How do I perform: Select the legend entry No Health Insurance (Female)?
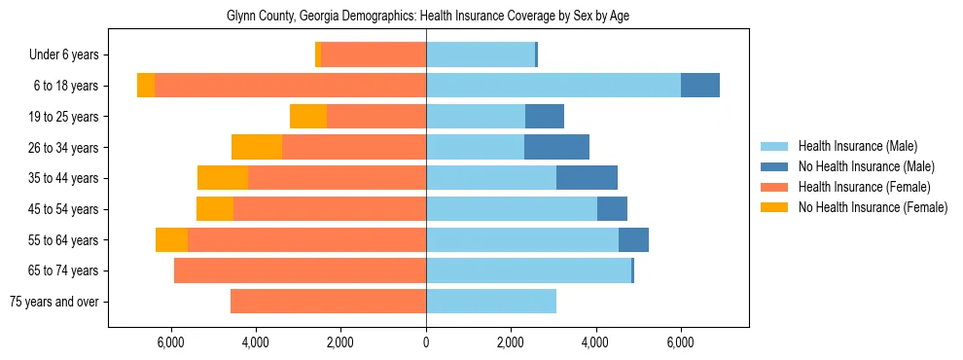[872, 207]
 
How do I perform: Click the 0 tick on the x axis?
[426, 342]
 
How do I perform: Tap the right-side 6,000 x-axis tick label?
[680, 342]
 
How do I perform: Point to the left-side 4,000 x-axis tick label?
[255, 342]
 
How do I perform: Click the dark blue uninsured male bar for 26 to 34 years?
[556, 147]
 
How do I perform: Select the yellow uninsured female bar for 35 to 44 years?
[223, 178]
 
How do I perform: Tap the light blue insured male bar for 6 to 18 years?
[553, 86]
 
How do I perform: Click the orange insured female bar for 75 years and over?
[328, 302]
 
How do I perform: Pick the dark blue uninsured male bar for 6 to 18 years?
[699, 86]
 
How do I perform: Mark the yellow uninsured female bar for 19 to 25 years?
[308, 117]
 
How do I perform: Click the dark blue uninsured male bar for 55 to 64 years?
[633, 239]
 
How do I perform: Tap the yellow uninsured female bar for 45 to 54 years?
[215, 209]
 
